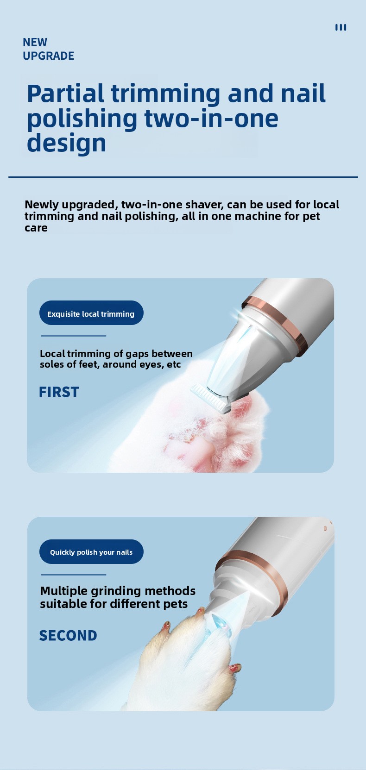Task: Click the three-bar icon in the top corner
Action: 341,27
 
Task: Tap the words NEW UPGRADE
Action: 48,49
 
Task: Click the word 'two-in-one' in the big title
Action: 211,118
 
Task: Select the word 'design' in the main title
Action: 66,143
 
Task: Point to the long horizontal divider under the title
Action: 183,177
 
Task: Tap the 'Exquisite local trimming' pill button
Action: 91,313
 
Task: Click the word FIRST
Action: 59,392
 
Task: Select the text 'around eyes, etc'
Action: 141,364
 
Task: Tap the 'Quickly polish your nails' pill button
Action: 91,552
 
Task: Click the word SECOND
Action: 68,636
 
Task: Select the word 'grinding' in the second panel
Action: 111,591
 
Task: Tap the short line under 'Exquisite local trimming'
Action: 74,336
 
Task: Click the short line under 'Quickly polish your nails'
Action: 74,575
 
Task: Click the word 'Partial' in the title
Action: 65,93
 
